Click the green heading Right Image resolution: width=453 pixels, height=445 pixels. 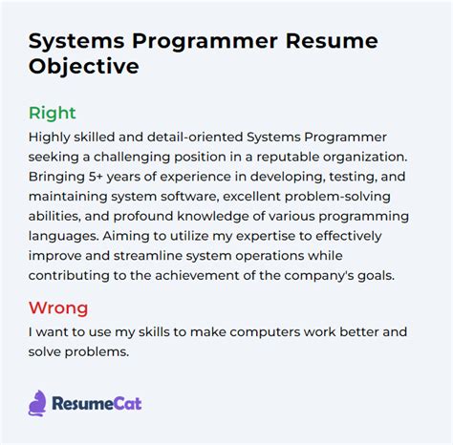[52, 113]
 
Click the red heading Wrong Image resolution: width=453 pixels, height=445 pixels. [57, 307]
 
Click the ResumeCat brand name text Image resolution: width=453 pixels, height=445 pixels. [98, 403]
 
